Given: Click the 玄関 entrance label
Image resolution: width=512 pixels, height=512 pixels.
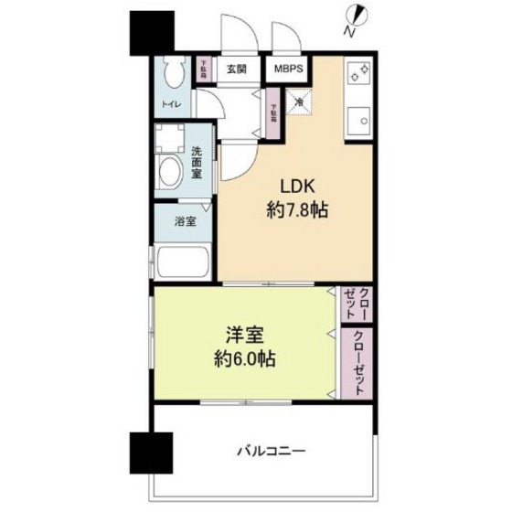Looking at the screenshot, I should click(x=237, y=68).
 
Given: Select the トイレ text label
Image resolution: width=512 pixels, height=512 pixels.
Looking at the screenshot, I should click(x=171, y=105).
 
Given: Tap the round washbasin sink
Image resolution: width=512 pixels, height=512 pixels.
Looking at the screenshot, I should click(x=169, y=174).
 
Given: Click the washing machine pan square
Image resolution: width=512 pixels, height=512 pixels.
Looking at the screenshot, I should click(x=169, y=138).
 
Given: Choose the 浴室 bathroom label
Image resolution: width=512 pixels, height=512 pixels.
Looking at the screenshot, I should click(x=185, y=219).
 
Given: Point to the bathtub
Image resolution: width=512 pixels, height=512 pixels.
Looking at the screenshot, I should click(x=182, y=262).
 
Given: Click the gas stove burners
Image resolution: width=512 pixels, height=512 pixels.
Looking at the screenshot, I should click(x=357, y=72).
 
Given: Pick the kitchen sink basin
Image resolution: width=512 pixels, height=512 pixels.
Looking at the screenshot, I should click(x=358, y=119).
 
